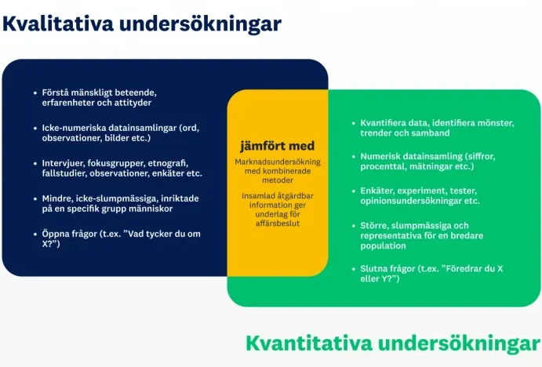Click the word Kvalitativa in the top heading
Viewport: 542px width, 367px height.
tap(58, 24)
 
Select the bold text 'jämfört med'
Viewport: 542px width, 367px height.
tap(277, 146)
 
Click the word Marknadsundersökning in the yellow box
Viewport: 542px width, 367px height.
tap(278, 162)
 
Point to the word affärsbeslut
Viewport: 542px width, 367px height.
tap(278, 223)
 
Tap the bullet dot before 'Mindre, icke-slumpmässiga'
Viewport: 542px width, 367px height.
tap(35, 198)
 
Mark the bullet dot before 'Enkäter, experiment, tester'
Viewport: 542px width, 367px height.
tap(354, 191)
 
